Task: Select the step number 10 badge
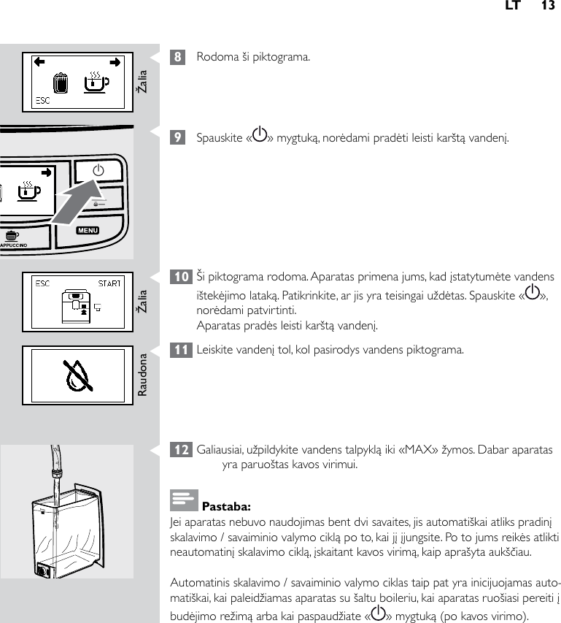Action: [180, 277]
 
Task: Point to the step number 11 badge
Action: [180, 349]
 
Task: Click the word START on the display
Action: [109, 283]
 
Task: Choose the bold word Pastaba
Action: [226, 505]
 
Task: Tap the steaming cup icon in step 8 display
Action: [96, 82]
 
